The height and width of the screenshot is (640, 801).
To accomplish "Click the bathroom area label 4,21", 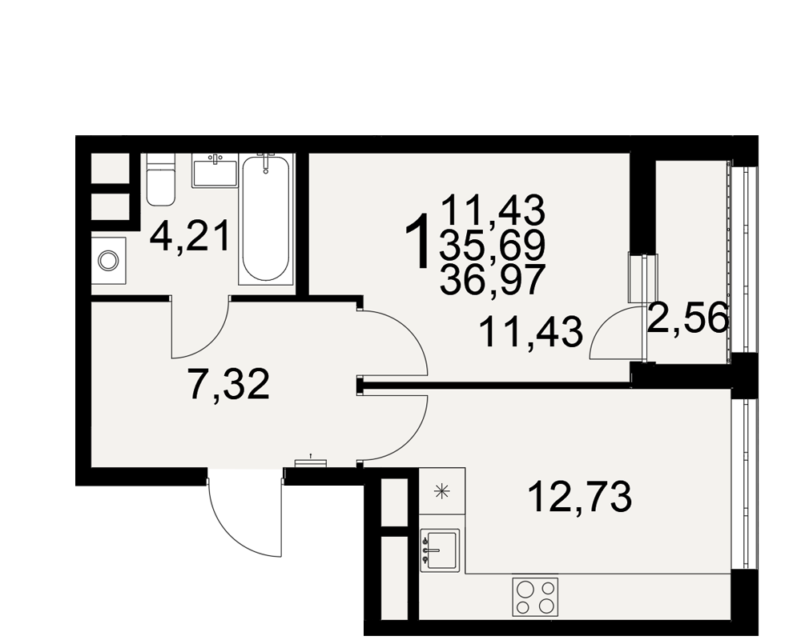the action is coord(190,236).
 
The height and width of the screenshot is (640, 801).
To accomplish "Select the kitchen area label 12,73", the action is coord(580,497).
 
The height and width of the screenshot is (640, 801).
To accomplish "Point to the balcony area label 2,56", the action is coord(687,318).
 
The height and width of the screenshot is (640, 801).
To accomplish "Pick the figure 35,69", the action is coord(493,246).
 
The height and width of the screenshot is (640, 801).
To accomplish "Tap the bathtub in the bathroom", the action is coord(265,218).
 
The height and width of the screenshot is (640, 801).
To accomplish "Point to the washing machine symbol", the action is coord(108,261).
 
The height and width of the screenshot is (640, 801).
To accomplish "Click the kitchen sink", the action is coord(439,550).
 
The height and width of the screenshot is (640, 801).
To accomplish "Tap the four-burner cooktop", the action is coord(535,597).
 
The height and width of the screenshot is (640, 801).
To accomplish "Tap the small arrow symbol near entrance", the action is coord(310,455).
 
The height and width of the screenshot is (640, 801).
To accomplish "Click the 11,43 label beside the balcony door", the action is coord(531,332).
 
